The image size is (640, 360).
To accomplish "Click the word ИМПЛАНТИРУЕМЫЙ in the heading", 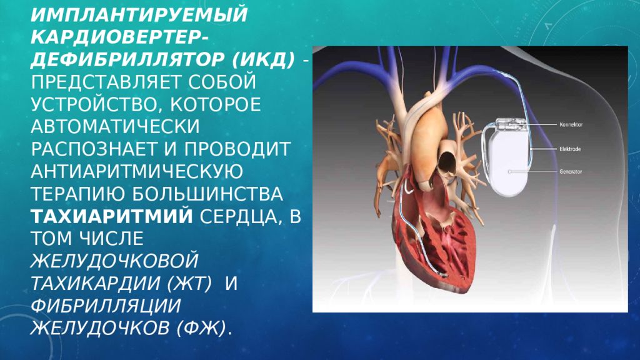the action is pos(139,15).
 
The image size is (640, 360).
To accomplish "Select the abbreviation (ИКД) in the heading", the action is pos(263,60).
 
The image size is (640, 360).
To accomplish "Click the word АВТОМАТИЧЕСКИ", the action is pos(115,126).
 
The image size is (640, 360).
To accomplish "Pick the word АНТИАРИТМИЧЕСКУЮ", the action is pos(137,171).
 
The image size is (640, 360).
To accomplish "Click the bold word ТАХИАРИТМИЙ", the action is pos(112,216).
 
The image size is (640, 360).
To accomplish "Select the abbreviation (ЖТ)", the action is pos(189,283).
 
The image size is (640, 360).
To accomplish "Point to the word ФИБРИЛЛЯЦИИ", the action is pos(105,306).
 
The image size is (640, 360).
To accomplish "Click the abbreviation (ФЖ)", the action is pos(201,328).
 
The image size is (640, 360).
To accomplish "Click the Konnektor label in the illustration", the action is pos(571,124).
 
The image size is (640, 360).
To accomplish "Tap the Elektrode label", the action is pos(570,149).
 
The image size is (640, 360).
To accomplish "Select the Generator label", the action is pos(571,172).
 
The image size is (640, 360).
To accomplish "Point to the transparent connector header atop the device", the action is pos(510,125).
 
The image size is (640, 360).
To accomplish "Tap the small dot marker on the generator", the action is pos(510,172).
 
